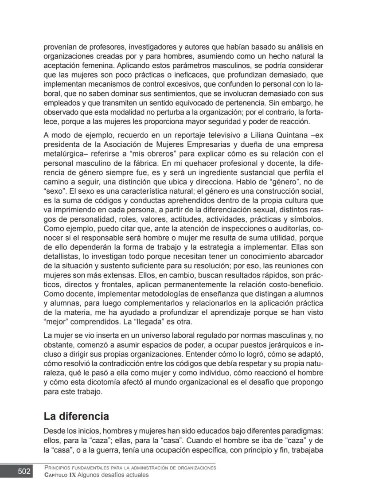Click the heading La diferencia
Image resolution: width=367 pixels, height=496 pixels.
click(x=76, y=416)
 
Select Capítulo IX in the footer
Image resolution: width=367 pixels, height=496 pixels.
click(x=60, y=475)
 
